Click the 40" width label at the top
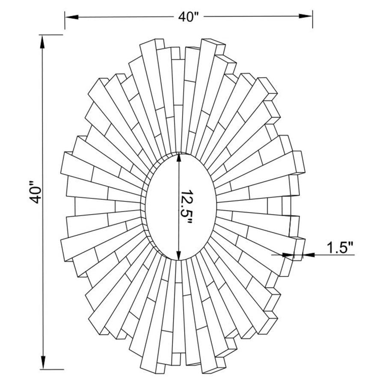click(189, 17)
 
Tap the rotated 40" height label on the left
click(36, 195)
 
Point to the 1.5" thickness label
click(340, 247)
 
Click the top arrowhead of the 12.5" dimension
click(179, 159)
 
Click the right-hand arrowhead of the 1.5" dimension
click(308, 255)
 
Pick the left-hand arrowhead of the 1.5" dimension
click(289, 255)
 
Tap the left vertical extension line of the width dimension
click(65, 21)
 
